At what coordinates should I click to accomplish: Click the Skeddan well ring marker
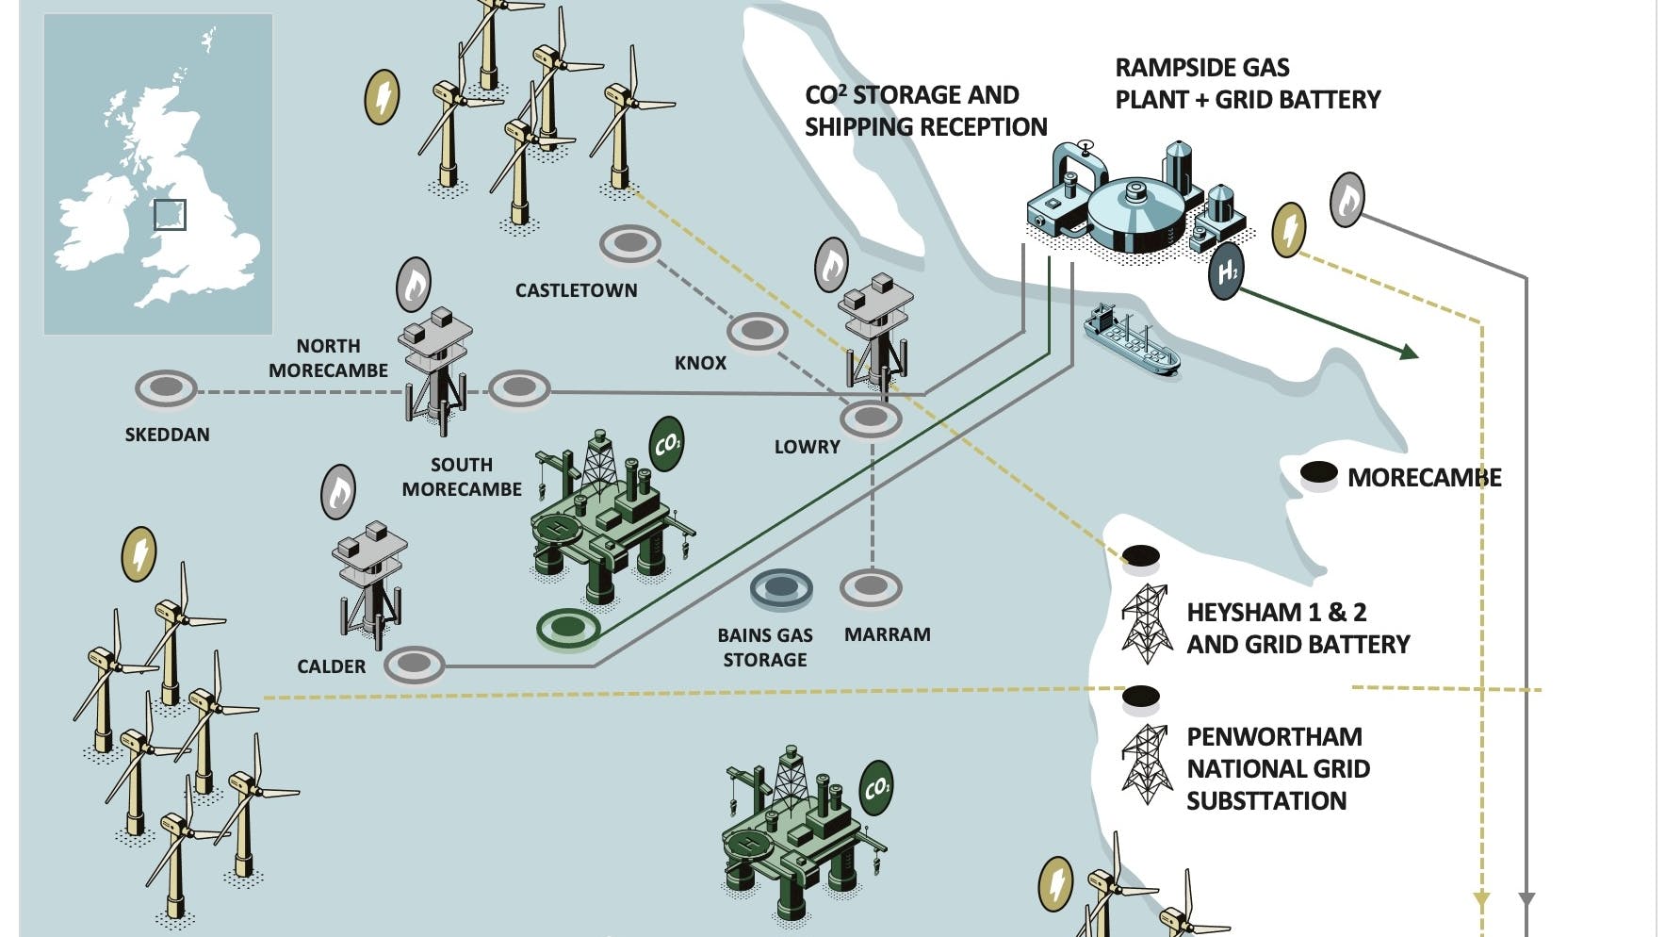point(166,389)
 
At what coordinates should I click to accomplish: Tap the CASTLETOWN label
point(576,290)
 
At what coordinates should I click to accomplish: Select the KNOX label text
point(700,363)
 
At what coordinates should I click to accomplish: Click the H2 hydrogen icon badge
point(1226,271)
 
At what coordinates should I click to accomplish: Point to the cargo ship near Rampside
point(1130,340)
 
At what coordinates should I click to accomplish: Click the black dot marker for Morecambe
point(1318,474)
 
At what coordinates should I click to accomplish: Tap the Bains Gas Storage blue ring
point(781,589)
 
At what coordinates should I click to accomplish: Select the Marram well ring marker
point(871,587)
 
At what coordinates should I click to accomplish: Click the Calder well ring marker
point(415,664)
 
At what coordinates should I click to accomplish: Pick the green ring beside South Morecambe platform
point(568,627)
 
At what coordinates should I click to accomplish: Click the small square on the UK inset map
point(170,215)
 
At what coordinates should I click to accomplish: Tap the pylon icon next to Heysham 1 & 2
point(1146,623)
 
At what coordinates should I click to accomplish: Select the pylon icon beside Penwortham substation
point(1146,764)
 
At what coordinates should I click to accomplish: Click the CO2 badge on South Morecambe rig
point(666,443)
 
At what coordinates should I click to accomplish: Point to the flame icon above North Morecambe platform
point(413,285)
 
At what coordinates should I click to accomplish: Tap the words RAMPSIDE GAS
point(1201,68)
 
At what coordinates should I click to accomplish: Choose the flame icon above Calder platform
point(338,492)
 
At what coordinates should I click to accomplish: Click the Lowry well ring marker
point(871,418)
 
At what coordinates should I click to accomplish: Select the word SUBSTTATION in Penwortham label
point(1265,801)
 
